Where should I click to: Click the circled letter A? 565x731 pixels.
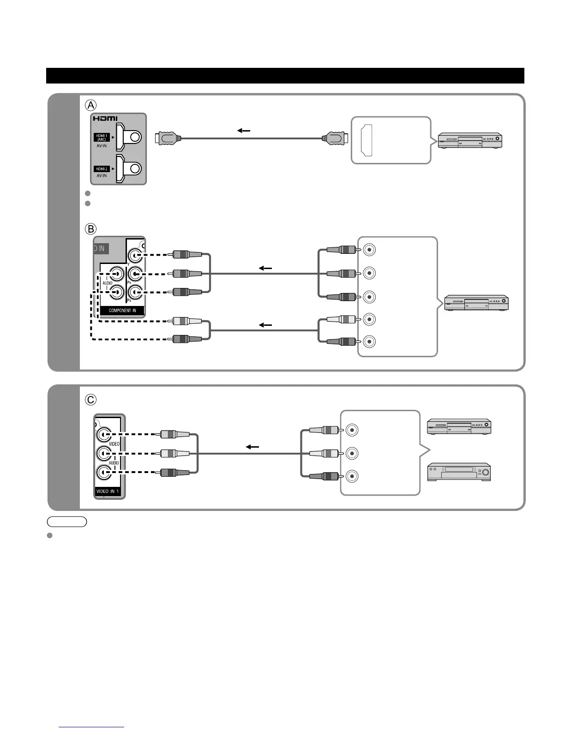(90, 105)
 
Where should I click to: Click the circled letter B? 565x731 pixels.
(91, 228)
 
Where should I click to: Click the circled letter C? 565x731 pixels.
(90, 399)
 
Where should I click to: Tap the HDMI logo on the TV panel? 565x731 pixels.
(105, 119)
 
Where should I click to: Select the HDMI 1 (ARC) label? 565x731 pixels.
(102, 137)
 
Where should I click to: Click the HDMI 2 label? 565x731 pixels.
(102, 169)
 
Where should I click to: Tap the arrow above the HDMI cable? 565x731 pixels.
(244, 131)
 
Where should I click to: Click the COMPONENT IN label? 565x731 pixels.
(122, 311)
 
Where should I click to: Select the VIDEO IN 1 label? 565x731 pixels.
(108, 491)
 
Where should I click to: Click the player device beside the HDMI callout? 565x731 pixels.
(470, 140)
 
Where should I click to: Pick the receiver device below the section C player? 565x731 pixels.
(458, 472)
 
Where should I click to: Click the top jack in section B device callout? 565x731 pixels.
(369, 250)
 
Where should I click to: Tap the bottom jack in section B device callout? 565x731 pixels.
(369, 342)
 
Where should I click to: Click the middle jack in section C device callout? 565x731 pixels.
(352, 453)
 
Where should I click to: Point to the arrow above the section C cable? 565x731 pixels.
(252, 447)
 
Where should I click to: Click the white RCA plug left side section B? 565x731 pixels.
(187, 321)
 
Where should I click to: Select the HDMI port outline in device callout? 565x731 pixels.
(367, 140)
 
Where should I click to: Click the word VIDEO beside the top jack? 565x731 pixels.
(114, 444)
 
